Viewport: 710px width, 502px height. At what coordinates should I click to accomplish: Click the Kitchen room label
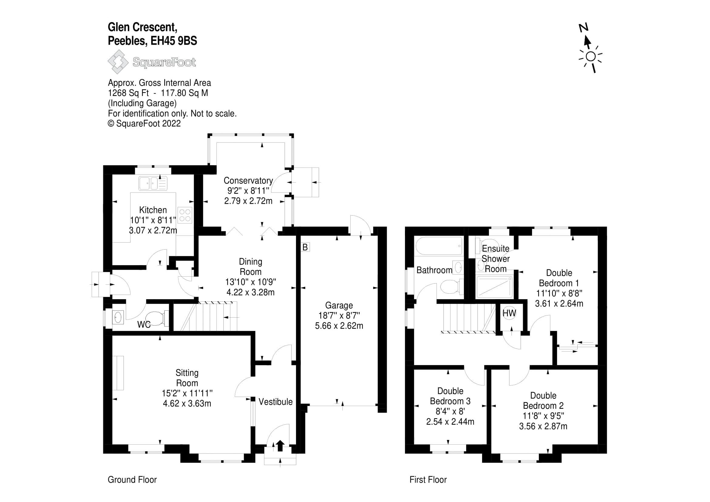(153, 210)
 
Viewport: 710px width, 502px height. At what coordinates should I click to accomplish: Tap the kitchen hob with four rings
(185, 215)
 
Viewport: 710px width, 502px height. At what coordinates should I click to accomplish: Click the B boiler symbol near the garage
(305, 247)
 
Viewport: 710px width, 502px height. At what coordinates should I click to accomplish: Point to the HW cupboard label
(509, 313)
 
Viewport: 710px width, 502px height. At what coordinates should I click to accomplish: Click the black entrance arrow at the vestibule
(280, 446)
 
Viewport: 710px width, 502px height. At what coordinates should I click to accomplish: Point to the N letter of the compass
(583, 28)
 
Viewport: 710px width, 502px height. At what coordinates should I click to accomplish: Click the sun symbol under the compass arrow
(591, 57)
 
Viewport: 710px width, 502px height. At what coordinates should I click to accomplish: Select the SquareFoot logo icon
(118, 62)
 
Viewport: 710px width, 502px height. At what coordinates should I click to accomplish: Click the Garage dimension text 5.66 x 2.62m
(339, 326)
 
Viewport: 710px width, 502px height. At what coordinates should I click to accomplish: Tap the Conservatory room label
(248, 181)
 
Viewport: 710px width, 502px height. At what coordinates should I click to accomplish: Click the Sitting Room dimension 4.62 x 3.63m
(187, 404)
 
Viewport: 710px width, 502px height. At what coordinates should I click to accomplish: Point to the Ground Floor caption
(132, 480)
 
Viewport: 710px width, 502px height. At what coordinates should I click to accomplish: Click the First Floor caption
(428, 480)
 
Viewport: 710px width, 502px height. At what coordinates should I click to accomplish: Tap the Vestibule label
(276, 402)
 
